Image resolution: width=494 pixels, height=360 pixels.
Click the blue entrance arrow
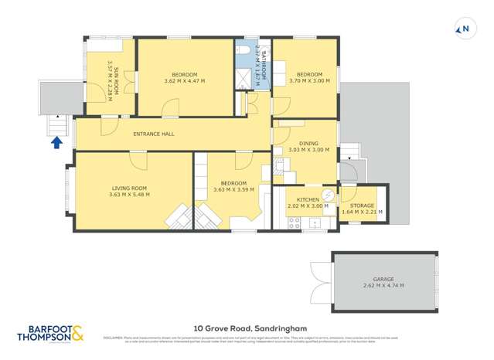pos(56,141)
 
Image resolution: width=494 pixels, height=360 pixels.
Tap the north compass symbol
pos(465,30)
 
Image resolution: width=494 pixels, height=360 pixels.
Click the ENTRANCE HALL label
pos(153,134)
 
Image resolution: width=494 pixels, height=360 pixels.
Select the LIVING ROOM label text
pos(128,188)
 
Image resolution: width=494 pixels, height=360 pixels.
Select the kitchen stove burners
pos(294,222)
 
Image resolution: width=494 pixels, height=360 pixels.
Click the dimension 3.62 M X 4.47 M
pos(186,81)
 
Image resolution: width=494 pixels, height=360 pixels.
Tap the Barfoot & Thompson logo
pos(50,335)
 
